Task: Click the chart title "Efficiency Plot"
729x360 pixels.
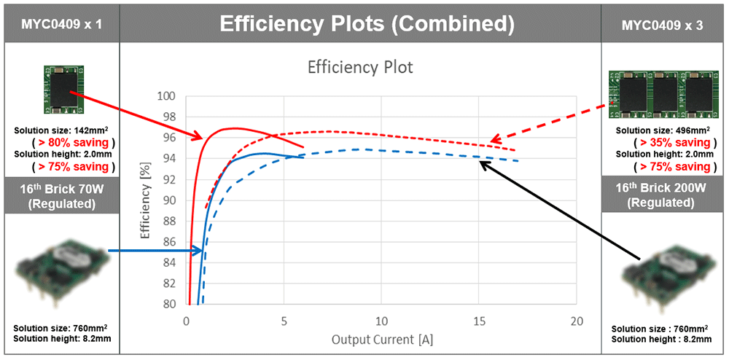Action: coord(360,68)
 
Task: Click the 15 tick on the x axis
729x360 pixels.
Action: coord(478,321)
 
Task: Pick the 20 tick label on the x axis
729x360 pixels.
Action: coord(576,321)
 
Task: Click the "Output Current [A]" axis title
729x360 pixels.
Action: coord(381,340)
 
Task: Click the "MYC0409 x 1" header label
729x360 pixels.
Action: coord(60,24)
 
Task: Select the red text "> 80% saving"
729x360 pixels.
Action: coord(60,142)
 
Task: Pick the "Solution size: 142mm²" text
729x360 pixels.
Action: coord(60,130)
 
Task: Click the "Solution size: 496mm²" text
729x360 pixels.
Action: coord(663,130)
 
